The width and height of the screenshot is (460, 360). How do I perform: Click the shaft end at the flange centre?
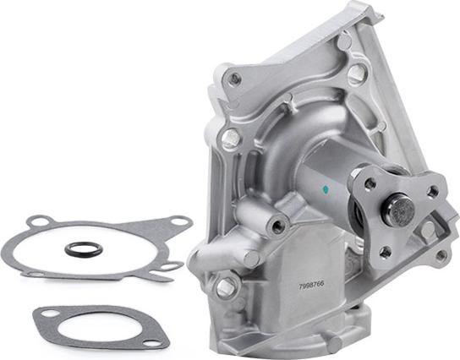pyautogui.click(x=397, y=209)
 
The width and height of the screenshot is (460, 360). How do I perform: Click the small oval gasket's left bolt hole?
pyautogui.click(x=52, y=315)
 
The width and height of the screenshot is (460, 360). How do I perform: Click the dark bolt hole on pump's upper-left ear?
pyautogui.click(x=235, y=78)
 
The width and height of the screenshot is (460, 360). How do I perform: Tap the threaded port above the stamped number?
pyautogui.click(x=276, y=225)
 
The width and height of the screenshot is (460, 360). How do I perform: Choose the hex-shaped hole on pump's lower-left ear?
pyautogui.click(x=225, y=287)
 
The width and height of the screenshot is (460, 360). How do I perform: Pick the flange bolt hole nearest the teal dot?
pyautogui.click(x=370, y=183)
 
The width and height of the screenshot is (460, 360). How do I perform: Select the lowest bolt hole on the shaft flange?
pyautogui.click(x=386, y=251)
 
